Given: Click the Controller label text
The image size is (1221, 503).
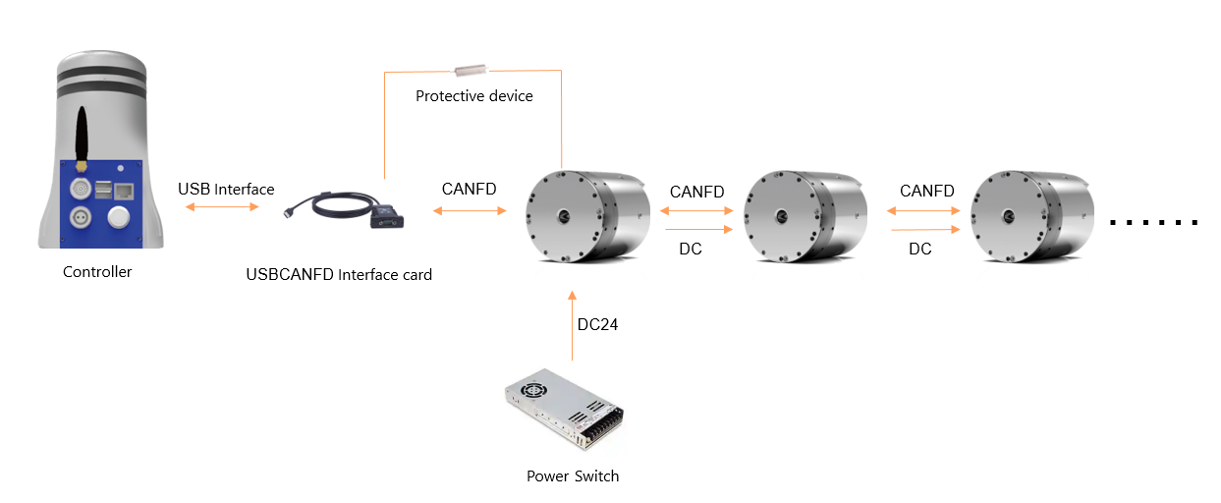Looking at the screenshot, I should [x=97, y=272].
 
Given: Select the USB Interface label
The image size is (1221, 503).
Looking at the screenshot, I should [x=226, y=189].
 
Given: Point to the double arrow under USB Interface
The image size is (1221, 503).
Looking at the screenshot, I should [x=226, y=207].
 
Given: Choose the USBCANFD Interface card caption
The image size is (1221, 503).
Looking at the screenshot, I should [x=339, y=275].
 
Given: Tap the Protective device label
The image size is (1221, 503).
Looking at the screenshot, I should [x=474, y=96].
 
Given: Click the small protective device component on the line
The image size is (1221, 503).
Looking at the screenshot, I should [x=472, y=70].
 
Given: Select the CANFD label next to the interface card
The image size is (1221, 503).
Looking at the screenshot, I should [x=469, y=189].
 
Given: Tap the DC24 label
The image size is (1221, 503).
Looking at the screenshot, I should [x=597, y=324].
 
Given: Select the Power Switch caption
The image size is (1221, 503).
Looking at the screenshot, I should [x=573, y=476].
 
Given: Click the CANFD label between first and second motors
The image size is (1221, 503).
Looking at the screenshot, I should [x=696, y=192].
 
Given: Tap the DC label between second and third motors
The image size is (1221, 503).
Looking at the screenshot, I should [x=919, y=250].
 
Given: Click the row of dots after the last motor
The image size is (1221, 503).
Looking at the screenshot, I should [x=1154, y=222].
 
